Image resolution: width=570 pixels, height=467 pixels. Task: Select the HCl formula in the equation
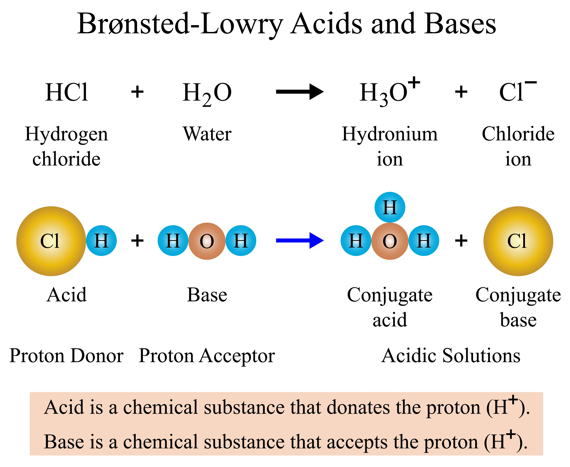(x=67, y=92)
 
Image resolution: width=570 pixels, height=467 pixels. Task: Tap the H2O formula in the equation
(x=207, y=93)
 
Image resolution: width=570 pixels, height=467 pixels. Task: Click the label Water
(x=207, y=134)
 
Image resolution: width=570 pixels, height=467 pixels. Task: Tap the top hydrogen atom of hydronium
(x=390, y=207)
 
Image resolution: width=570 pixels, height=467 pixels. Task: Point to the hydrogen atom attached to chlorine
(x=101, y=241)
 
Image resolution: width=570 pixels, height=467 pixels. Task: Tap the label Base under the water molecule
(x=207, y=295)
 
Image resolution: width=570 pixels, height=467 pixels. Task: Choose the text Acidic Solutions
(x=451, y=356)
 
